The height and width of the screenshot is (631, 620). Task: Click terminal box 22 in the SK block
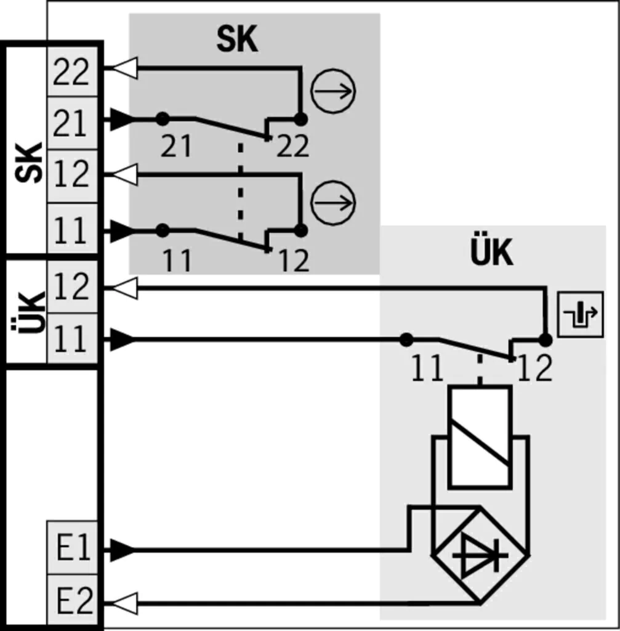point(73,71)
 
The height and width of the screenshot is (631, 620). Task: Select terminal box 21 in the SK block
point(73,123)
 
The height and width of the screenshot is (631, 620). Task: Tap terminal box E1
point(73,548)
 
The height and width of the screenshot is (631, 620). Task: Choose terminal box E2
point(73,600)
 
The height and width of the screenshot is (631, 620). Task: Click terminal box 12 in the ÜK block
point(73,287)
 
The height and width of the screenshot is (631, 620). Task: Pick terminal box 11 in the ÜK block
point(73,338)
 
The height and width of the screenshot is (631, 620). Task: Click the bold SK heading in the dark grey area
point(237,39)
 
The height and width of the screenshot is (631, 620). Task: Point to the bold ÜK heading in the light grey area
point(492,251)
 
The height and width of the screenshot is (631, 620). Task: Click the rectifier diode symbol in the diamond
point(480,556)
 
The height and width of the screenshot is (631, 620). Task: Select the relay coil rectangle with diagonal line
point(480,438)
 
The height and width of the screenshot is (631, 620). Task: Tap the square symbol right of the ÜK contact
point(581,314)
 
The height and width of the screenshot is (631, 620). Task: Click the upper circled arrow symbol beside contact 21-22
point(333,91)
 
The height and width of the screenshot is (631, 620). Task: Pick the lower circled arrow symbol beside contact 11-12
point(333,203)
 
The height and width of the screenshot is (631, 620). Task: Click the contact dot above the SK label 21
point(163,119)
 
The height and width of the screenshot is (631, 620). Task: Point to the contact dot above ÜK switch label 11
point(406,340)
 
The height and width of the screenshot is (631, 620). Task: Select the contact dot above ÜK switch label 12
point(546,340)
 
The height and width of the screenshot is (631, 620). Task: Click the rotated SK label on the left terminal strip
point(28,163)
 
